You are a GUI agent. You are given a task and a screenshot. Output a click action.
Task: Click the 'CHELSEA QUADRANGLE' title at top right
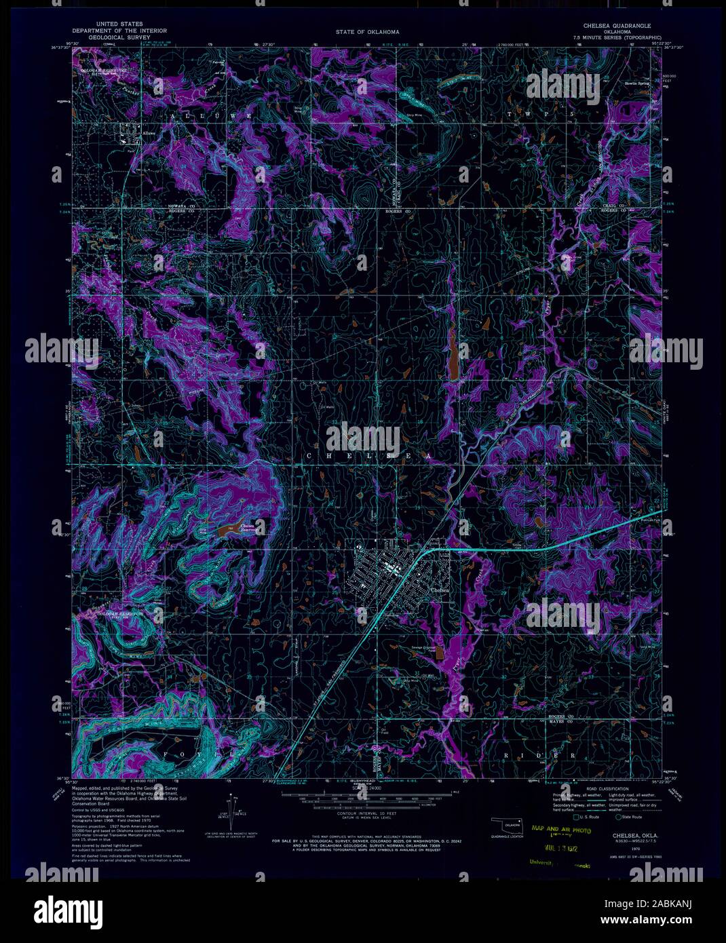click(612, 26)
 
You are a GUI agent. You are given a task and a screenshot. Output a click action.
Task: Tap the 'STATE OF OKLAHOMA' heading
click(367, 32)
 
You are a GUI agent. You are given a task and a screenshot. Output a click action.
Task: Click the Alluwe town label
click(149, 134)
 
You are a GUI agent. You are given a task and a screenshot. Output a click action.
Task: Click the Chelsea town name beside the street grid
click(440, 590)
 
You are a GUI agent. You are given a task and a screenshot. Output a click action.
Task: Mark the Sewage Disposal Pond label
click(423, 649)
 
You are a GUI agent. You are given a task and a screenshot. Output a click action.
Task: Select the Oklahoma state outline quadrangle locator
click(508, 826)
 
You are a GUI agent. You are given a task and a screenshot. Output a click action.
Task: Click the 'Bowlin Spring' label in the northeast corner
click(636, 84)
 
